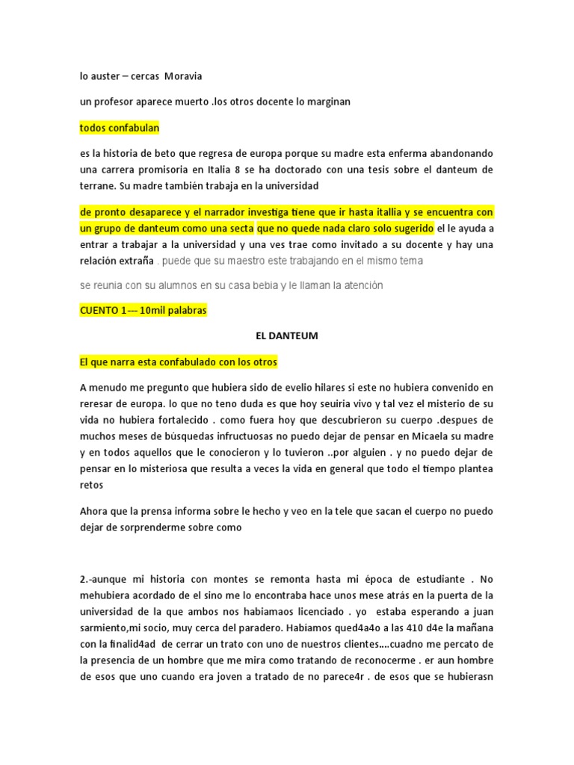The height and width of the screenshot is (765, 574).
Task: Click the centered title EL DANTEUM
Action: tap(286, 336)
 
